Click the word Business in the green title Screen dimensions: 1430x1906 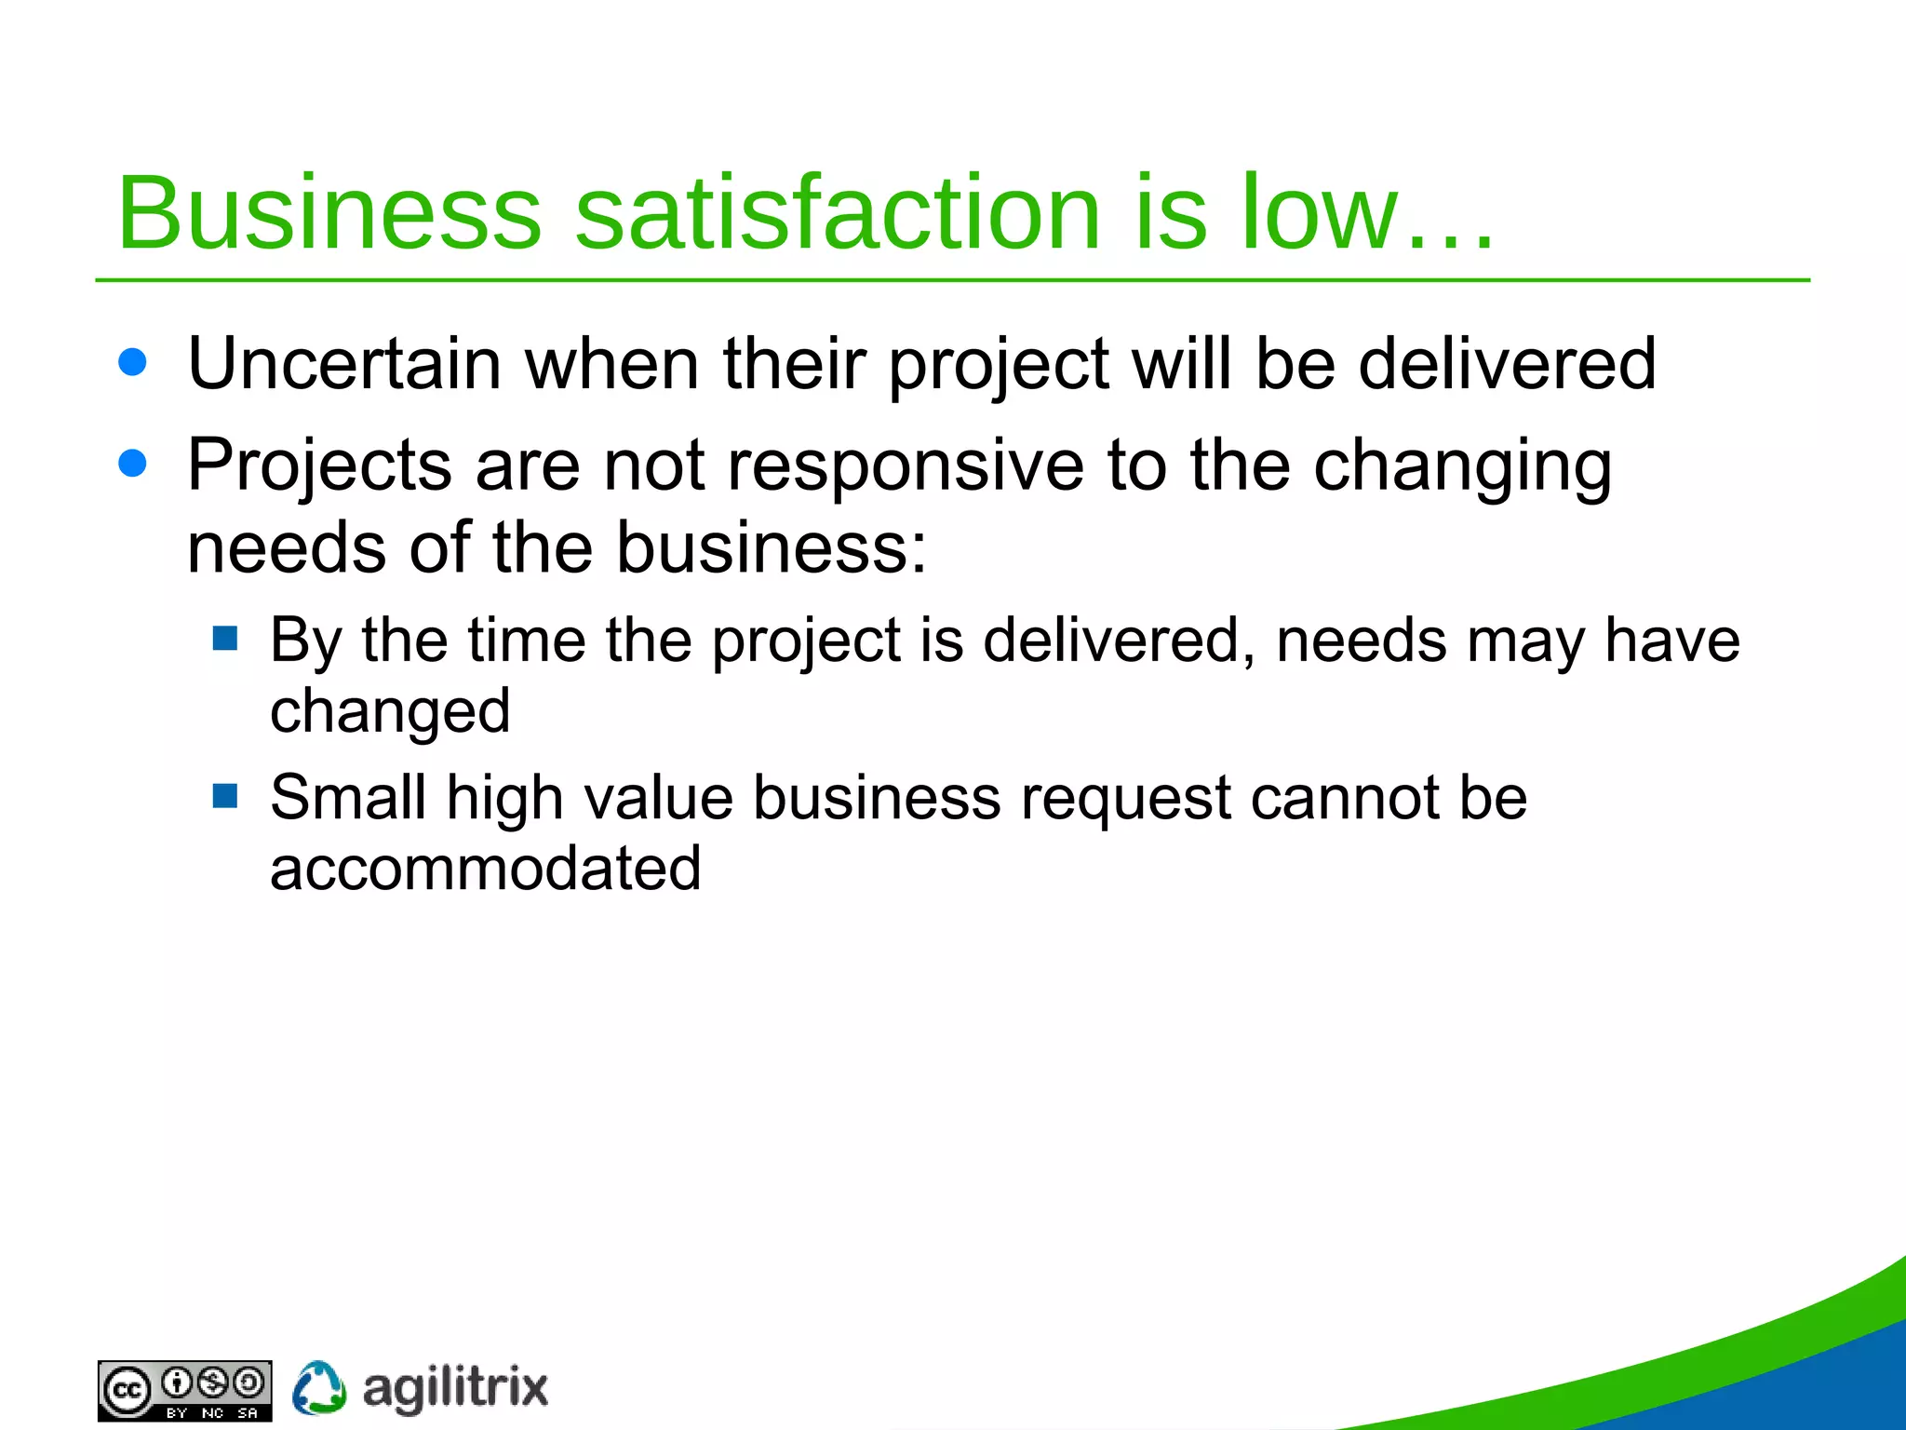[x=329, y=213]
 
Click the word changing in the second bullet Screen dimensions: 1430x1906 [x=1462, y=467]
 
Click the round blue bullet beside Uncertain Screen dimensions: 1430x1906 [x=133, y=362]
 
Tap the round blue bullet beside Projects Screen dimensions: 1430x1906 [x=133, y=463]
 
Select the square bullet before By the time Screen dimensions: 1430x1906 [x=225, y=638]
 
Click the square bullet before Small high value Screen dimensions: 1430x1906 [x=225, y=795]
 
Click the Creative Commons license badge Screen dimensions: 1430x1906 [x=185, y=1391]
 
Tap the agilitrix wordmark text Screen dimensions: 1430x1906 [x=455, y=1389]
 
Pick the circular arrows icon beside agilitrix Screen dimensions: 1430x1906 [x=319, y=1388]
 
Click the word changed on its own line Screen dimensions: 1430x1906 [x=390, y=712]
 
